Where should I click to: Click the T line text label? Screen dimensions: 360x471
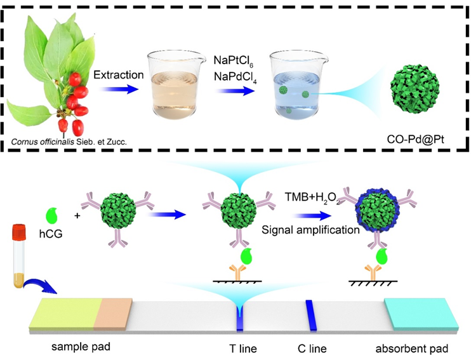click(242, 349)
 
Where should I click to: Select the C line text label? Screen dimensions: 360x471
click(312, 349)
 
